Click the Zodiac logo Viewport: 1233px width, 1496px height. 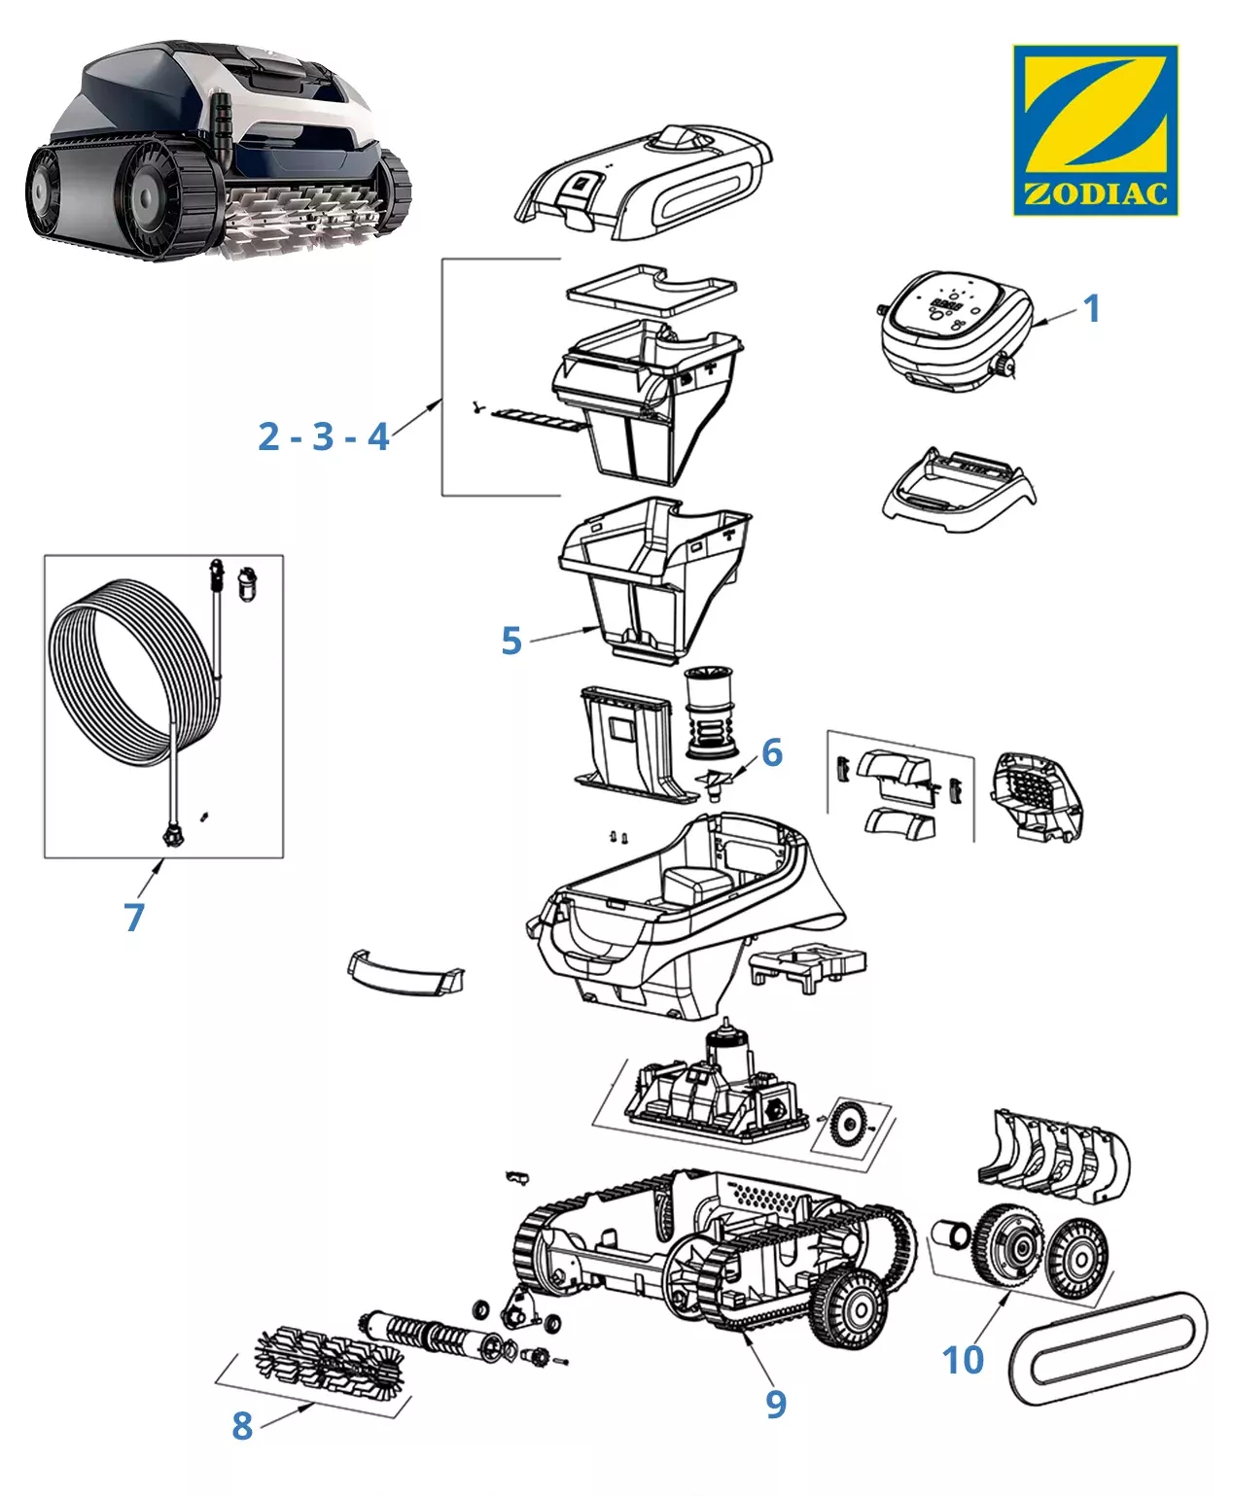[x=1095, y=129]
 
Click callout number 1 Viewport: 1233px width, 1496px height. [x=1091, y=308]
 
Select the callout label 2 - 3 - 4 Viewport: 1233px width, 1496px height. [x=324, y=436]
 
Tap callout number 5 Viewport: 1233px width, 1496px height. [x=511, y=641]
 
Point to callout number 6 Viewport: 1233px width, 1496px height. [x=772, y=751]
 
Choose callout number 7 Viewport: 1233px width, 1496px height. [x=134, y=917]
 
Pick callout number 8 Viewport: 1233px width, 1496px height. [x=242, y=1426]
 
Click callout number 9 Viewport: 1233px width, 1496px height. [x=775, y=1404]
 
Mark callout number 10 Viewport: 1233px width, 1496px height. [x=963, y=1360]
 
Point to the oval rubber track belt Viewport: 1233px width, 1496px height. [x=1109, y=1349]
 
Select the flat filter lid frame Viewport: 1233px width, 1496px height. [x=651, y=287]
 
